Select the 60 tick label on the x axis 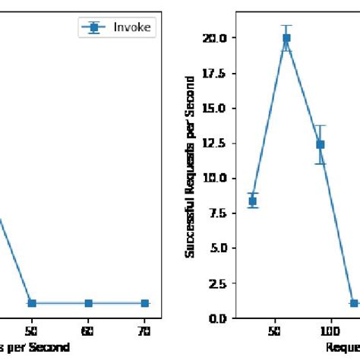pyautogui.click(x=89, y=331)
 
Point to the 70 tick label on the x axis pyautogui.click(x=145, y=331)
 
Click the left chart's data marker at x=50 pyautogui.click(x=32, y=303)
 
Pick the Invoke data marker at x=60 pyautogui.click(x=89, y=303)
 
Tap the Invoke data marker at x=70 pyautogui.click(x=145, y=303)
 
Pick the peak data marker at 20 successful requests pyautogui.click(x=286, y=38)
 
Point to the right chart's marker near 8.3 pyautogui.click(x=253, y=201)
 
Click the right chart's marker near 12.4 pyautogui.click(x=321, y=144)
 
